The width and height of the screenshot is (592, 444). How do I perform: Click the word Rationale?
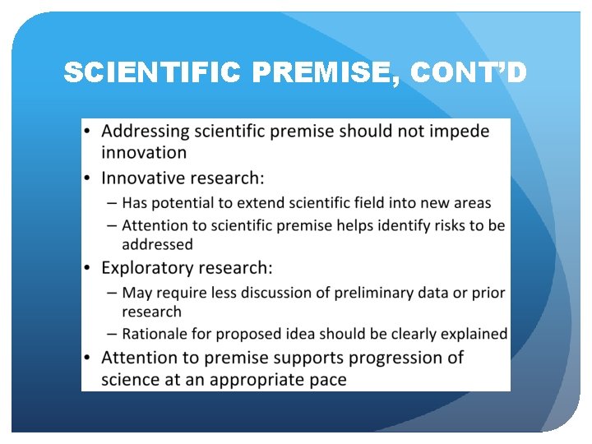(153, 334)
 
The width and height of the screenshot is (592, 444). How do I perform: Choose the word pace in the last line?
(328, 381)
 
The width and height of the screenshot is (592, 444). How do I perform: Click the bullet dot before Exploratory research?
(88, 268)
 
